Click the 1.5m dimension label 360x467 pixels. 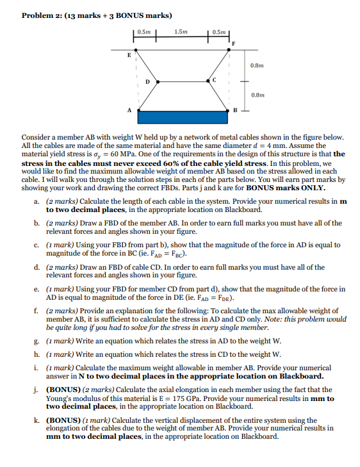pyautogui.click(x=181, y=31)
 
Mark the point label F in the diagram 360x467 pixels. pyautogui.click(x=233, y=43)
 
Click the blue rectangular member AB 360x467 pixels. pyautogui.click(x=183, y=117)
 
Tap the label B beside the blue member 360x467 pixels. pyautogui.click(x=235, y=111)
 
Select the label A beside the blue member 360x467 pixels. pyautogui.click(x=131, y=110)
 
